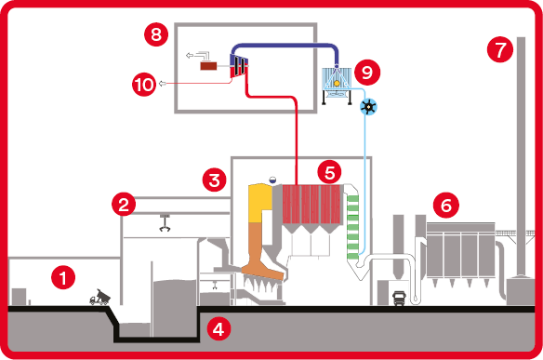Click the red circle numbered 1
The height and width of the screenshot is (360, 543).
pos(63,277)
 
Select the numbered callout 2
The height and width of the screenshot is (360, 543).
pos(124,205)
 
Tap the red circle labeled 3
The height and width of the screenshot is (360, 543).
pos(215,180)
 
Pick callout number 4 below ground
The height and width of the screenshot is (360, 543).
pos(219,328)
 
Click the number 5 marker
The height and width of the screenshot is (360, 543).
pos(329,172)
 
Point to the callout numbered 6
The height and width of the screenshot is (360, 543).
pos(446,206)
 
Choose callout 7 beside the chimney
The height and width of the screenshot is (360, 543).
pos(500,50)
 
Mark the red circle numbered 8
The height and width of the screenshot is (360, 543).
pos(156,34)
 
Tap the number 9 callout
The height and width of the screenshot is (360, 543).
pos(367,73)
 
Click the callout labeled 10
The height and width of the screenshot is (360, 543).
pos(144,84)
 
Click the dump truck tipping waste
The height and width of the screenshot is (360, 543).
pos(99,297)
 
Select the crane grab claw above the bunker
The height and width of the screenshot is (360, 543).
pos(165,224)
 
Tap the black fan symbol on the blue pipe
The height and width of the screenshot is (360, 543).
pos(368,107)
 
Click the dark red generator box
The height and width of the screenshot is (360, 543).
pos(208,65)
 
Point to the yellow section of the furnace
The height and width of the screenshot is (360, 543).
pos(260,203)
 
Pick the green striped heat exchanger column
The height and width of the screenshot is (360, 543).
pos(353,227)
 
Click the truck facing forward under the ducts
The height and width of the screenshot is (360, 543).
pos(399,299)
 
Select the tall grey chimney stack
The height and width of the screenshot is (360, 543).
pos(521,156)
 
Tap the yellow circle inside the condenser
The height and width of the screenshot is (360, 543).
pos(337,83)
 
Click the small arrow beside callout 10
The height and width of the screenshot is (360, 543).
pos(162,83)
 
